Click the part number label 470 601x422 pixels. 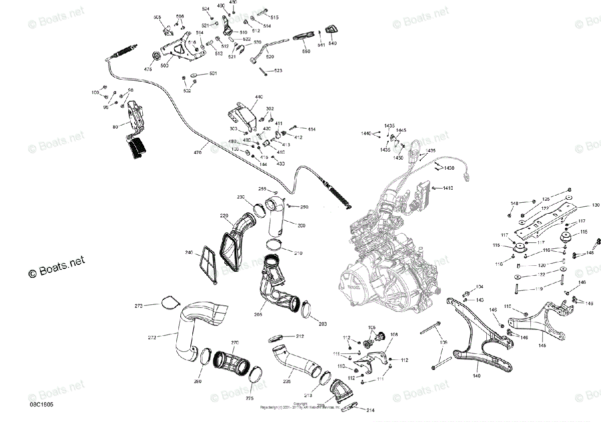click(198, 153)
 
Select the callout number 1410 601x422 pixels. click(447, 188)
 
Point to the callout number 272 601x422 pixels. click(153, 337)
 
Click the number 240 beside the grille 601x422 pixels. click(189, 252)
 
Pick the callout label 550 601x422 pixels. click(306, 52)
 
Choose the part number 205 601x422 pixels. click(258, 315)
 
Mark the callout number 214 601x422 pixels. click(370, 410)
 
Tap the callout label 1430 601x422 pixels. click(448, 168)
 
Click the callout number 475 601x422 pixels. click(148, 69)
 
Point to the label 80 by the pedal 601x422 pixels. click(115, 127)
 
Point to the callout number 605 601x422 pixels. click(157, 18)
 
